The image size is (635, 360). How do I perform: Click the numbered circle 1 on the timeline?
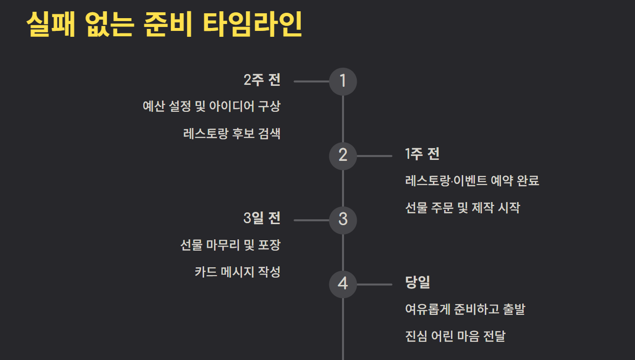pyautogui.click(x=343, y=81)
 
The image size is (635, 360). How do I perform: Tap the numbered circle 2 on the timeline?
pyautogui.click(x=343, y=156)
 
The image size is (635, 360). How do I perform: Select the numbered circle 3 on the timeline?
pyautogui.click(x=343, y=220)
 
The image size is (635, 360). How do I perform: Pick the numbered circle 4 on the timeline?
pyautogui.click(x=343, y=284)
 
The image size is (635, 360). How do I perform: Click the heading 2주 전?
pyautogui.click(x=262, y=79)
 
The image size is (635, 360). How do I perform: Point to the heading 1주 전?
pyautogui.click(x=422, y=154)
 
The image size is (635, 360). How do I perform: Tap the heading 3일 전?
pyautogui.click(x=262, y=218)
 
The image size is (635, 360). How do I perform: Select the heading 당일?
pyautogui.click(x=418, y=283)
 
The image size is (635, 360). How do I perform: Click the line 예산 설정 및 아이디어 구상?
pyautogui.click(x=212, y=106)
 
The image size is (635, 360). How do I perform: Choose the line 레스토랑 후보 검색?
pyautogui.click(x=232, y=133)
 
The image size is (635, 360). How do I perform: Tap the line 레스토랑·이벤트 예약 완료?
pyautogui.click(x=472, y=180)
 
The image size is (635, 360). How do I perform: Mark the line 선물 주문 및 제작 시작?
pyautogui.click(x=463, y=207)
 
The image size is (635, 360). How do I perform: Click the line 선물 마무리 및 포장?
pyautogui.click(x=231, y=245)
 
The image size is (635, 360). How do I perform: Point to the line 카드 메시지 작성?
pyautogui.click(x=238, y=272)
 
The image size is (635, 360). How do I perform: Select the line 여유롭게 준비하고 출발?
pyautogui.click(x=465, y=309)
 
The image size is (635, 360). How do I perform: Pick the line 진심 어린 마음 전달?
pyautogui.click(x=455, y=336)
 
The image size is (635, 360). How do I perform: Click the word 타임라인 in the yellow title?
pyautogui.click(x=253, y=24)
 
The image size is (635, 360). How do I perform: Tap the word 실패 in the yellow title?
pyautogui.click(x=51, y=24)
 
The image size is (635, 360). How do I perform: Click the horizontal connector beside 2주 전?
pyautogui.click(x=312, y=81)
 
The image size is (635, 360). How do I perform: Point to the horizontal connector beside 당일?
pyautogui.click(x=374, y=284)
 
